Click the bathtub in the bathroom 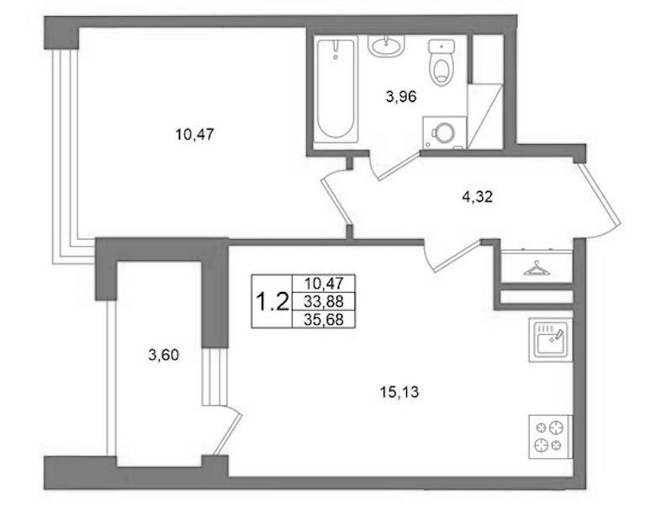point(336,89)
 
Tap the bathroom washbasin point(387,45)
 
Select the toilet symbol point(442,62)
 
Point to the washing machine point(444,132)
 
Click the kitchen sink point(551,340)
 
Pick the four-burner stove point(550,436)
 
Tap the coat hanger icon point(537,269)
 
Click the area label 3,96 point(401,97)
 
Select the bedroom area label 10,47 point(194,135)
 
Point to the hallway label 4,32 point(478,197)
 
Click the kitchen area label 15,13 point(399,391)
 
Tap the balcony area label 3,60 point(163,355)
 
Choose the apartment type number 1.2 point(272,301)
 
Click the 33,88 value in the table point(324,301)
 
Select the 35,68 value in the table point(324,319)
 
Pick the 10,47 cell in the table point(324,283)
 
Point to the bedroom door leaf point(336,200)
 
